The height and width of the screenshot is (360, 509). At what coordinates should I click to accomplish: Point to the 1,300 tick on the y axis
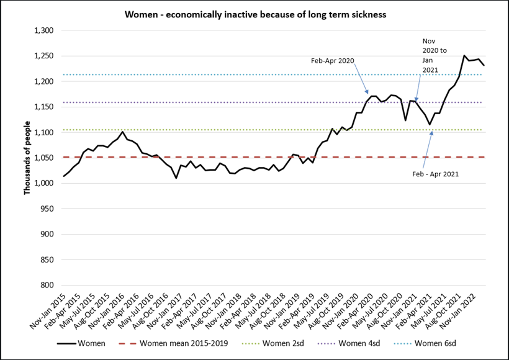43,30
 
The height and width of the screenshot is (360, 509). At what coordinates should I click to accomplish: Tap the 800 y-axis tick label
47,285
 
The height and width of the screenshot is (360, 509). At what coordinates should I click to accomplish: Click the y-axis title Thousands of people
27,158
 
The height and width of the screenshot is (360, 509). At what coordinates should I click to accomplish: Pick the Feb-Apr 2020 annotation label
332,61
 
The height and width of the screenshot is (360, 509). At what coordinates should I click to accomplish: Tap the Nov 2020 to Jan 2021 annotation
430,56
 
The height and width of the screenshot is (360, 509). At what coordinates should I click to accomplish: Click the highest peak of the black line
464,55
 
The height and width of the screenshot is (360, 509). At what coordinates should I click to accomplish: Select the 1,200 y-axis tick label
43,81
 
